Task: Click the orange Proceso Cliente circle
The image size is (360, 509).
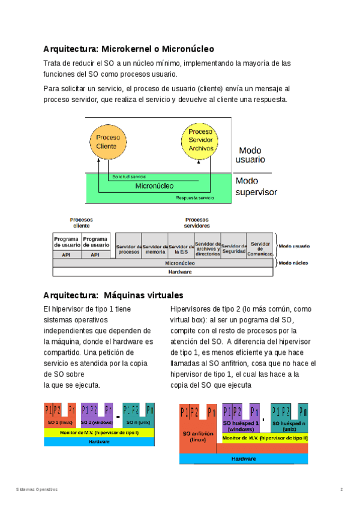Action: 108,141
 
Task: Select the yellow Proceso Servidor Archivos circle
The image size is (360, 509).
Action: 200,140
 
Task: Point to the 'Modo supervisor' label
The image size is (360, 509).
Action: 256,187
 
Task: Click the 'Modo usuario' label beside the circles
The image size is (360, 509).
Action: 250,155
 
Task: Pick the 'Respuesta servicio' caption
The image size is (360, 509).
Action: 195,197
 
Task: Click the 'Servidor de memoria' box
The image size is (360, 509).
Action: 155,250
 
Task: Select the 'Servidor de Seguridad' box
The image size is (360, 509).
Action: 233,250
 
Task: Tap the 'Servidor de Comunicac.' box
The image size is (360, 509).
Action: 260,248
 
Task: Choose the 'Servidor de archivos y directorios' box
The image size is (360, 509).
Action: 208,250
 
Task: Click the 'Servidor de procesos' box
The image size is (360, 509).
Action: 128,250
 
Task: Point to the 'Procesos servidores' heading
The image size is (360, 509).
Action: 197,223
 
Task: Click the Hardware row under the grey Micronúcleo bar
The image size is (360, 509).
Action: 163,272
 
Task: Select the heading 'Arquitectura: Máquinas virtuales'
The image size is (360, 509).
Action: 113,295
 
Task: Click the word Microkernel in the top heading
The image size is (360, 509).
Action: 127,49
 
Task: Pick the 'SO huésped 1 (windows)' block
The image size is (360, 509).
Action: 241,426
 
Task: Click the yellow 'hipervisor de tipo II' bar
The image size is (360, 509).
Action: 265,438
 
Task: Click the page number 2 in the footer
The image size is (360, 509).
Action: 341,490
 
